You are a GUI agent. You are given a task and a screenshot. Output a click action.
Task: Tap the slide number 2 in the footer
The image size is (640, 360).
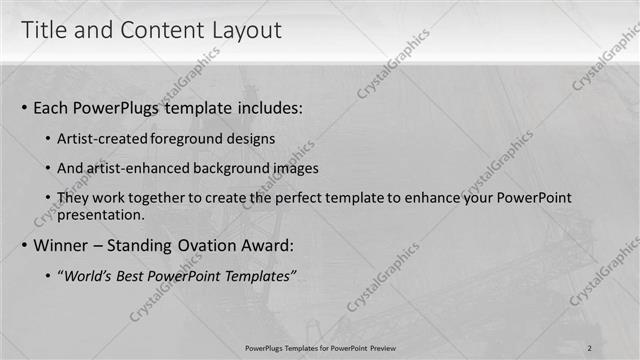589,348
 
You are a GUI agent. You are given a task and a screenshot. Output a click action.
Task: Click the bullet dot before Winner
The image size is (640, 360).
24,246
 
